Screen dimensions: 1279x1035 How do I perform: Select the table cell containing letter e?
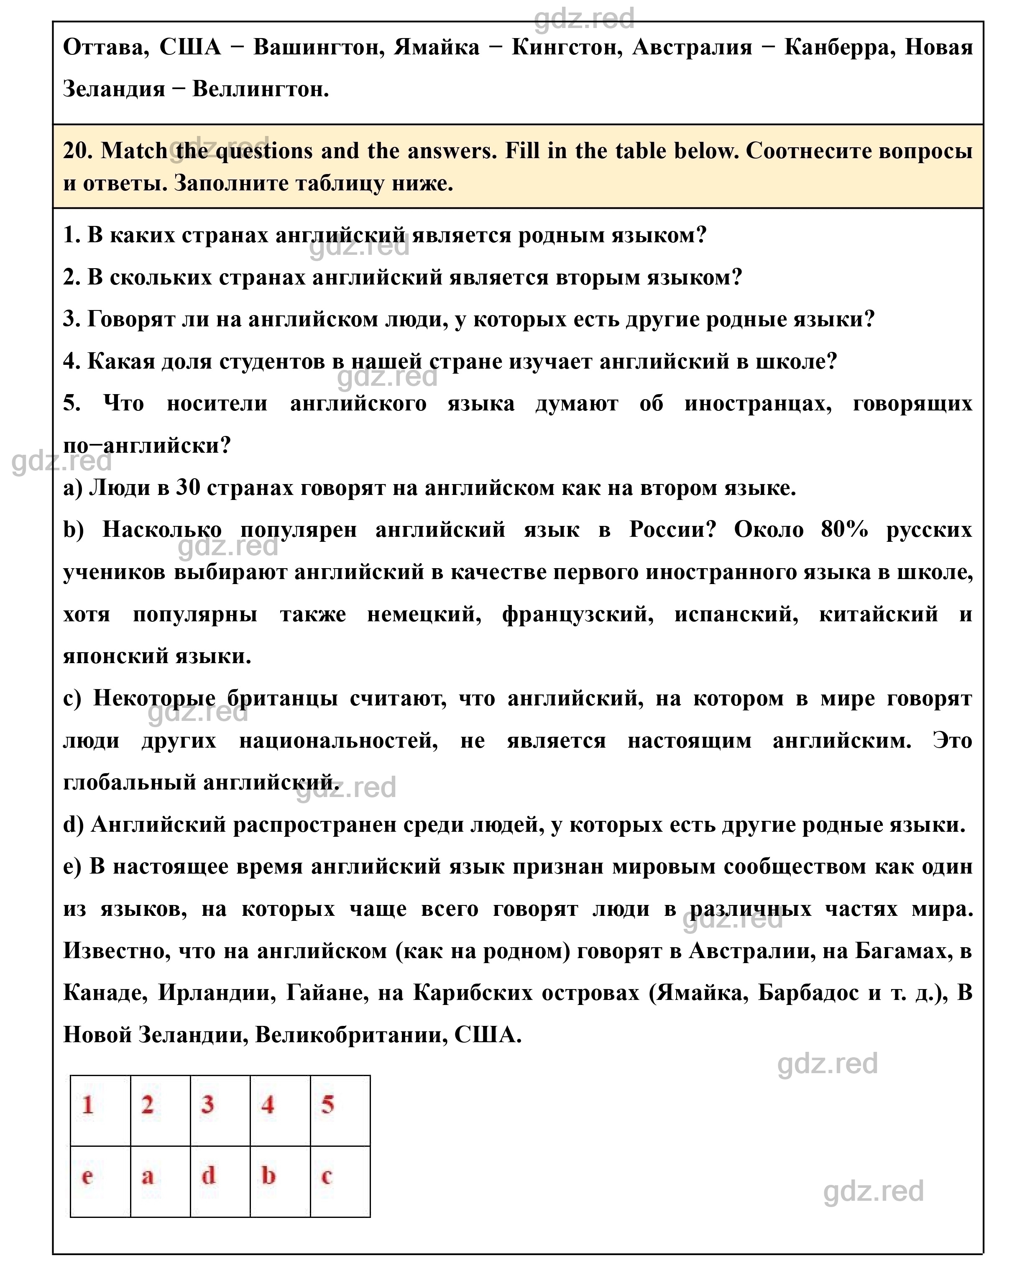100,1181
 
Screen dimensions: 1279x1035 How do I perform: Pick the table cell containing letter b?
280,1181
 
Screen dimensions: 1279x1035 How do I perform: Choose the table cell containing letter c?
340,1181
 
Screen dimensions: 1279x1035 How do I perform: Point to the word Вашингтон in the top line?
317,48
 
